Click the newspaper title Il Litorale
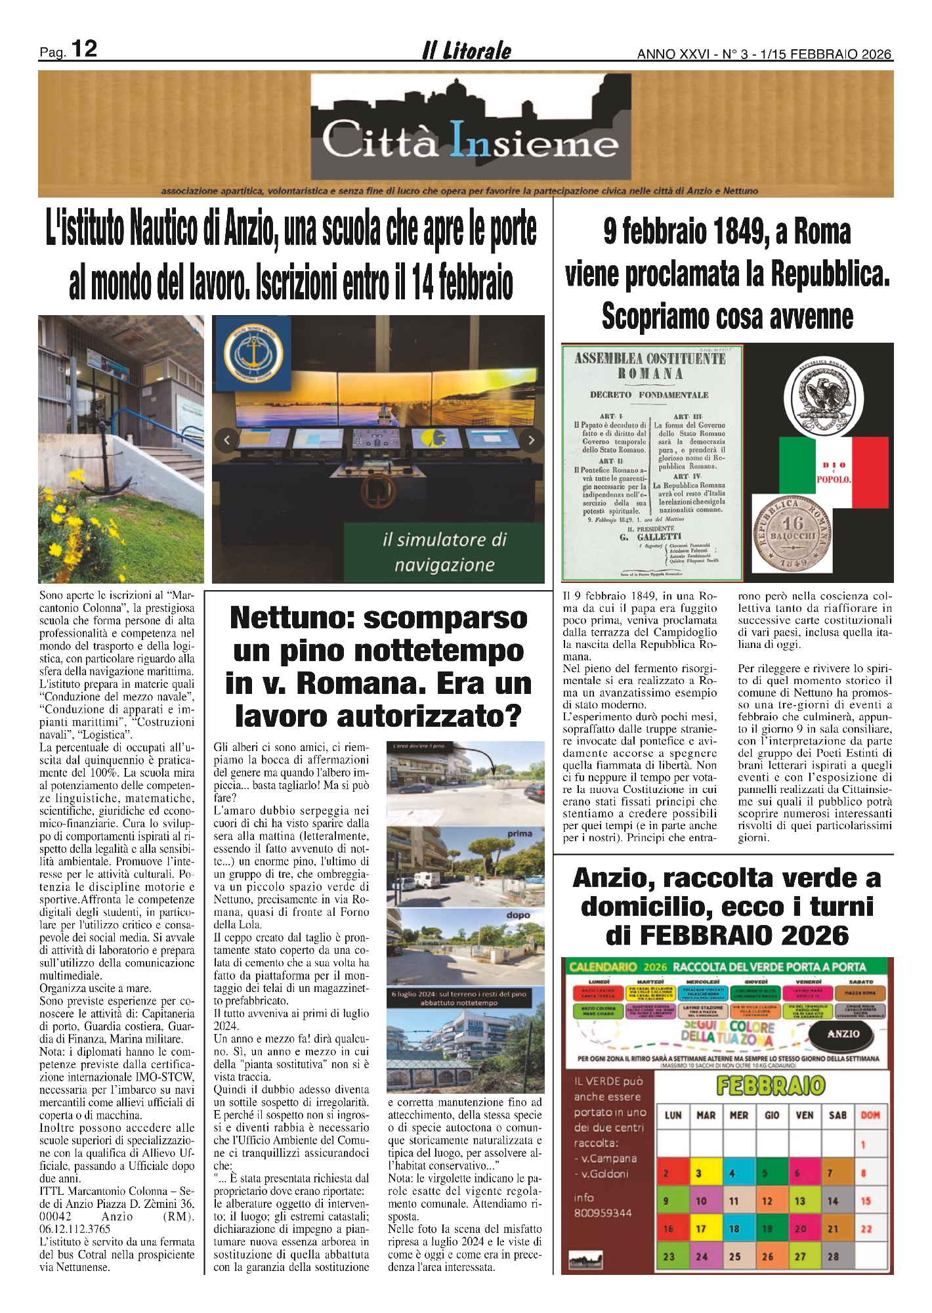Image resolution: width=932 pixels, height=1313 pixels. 466,51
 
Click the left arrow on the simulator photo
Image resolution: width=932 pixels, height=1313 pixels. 227,440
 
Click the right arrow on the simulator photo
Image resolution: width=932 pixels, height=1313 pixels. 532,440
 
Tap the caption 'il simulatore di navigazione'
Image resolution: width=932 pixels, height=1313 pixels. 444,552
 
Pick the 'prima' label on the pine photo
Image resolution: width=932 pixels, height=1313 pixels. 519,834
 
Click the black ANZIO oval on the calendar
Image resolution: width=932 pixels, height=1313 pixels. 843,1034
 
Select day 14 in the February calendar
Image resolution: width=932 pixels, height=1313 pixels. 833,1201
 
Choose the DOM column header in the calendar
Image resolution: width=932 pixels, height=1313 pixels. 870,1115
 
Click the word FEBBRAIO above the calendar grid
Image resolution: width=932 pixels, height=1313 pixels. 771,1085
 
